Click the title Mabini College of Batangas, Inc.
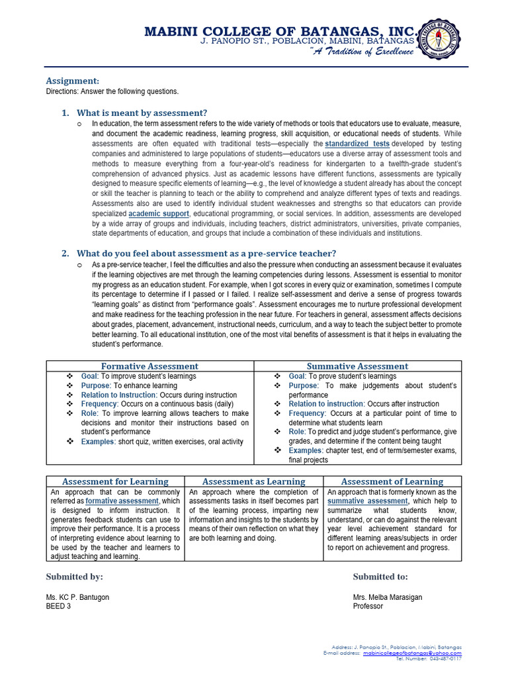[281, 31]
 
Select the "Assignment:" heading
[73, 80]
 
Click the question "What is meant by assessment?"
[142, 113]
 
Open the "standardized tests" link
[357, 143]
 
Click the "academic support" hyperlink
[159, 215]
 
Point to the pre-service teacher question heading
[206, 253]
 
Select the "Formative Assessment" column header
[149, 366]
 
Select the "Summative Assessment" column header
[357, 366]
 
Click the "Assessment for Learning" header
[115, 481]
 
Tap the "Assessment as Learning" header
[253, 481]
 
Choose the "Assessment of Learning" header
[392, 481]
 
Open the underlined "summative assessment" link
[368, 501]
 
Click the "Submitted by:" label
[74, 577]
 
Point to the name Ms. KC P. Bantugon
[77, 597]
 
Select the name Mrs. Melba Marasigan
[387, 597]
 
